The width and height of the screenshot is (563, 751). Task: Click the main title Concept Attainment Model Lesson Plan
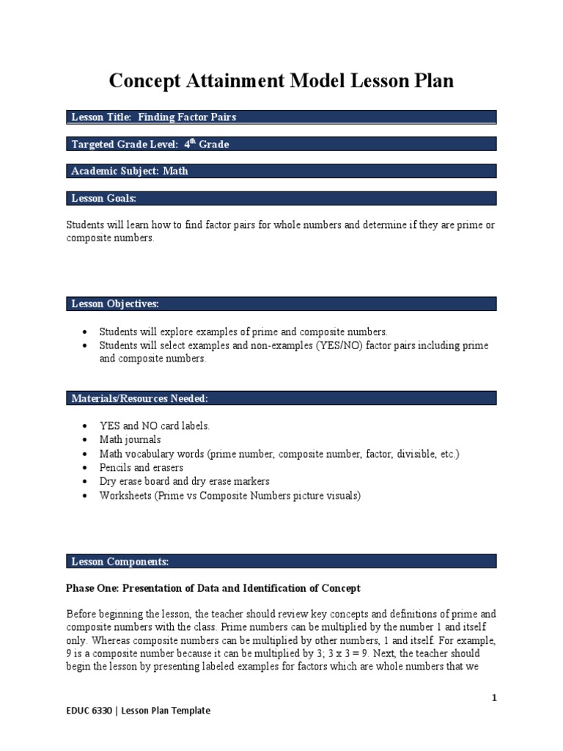click(x=281, y=81)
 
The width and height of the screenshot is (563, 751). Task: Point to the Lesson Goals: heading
click(x=103, y=198)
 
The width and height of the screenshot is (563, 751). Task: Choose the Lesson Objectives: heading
click(x=114, y=304)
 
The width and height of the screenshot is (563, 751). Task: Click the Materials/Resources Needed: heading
click(x=139, y=398)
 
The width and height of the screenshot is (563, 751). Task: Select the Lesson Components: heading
click(x=119, y=562)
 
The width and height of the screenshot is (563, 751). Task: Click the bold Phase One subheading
click(x=213, y=588)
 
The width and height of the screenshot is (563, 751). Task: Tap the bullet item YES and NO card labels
click(x=155, y=425)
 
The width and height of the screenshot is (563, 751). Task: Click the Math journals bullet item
click(x=130, y=439)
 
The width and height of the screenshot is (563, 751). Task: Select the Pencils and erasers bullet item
click(x=141, y=467)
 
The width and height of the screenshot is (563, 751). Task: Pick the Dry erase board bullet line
click(x=185, y=481)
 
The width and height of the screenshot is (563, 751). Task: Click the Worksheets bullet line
click(x=230, y=495)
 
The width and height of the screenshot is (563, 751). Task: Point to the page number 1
click(x=494, y=698)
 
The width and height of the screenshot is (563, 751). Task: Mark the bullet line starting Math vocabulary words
click(x=279, y=453)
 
